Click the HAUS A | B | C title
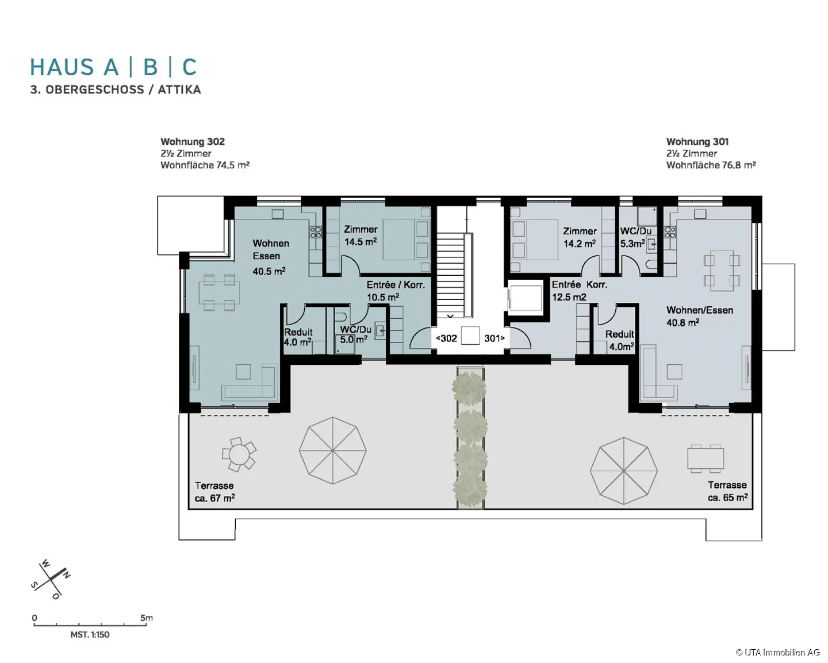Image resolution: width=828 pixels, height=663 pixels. [x=113, y=67]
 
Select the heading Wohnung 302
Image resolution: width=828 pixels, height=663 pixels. [x=193, y=141]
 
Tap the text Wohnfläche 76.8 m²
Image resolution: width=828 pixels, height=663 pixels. [x=711, y=165]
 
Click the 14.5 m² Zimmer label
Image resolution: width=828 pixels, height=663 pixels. [x=361, y=236]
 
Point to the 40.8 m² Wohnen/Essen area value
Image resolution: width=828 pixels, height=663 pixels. [x=683, y=323]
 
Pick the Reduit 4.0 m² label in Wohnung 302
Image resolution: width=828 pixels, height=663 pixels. [x=298, y=337]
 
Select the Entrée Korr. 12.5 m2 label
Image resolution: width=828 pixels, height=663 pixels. [x=579, y=291]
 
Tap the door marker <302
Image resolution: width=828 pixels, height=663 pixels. [x=446, y=338]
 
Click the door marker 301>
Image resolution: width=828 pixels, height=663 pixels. [x=494, y=338]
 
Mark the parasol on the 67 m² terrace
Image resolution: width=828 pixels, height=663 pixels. [x=333, y=450]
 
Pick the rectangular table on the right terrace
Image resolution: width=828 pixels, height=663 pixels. [x=706, y=458]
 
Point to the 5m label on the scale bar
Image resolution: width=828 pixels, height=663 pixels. [x=147, y=618]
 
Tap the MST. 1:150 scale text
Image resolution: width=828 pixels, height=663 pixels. [x=90, y=635]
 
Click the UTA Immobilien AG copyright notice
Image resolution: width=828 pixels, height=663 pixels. [x=777, y=652]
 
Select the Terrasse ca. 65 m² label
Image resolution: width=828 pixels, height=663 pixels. [x=727, y=491]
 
